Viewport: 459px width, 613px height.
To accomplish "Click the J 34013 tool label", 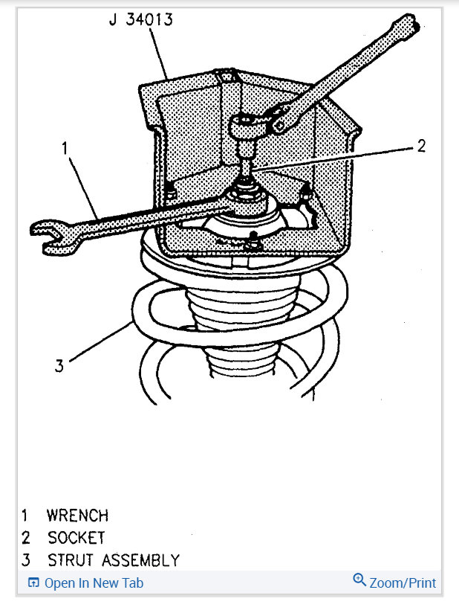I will pos(140,19).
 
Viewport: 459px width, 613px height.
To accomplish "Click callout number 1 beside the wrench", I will pos(66,149).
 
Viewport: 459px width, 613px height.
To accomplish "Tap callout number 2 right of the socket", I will pos(420,146).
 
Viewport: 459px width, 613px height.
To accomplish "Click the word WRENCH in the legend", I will pos(77,515).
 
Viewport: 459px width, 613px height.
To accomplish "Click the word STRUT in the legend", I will pos(71,559).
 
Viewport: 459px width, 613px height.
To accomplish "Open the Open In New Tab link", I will pos(94,583).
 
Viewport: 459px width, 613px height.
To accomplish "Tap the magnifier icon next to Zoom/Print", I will pos(359,581).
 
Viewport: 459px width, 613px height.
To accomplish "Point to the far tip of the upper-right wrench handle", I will pos(411,25).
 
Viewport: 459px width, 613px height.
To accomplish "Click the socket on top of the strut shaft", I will pos(245,129).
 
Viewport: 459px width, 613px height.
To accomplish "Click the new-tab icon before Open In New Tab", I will pos(33,583).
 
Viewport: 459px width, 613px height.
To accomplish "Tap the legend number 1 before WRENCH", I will pos(25,515).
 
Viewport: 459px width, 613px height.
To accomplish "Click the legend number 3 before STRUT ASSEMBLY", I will pos(25,559).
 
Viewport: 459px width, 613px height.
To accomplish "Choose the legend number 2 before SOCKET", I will pos(25,537).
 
